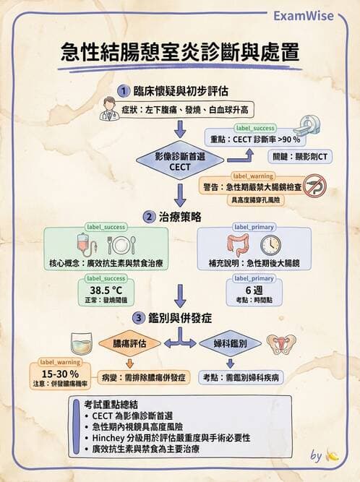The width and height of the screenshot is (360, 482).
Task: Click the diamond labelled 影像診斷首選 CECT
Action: click(179, 160)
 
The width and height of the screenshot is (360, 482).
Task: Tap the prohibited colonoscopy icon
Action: click(313, 185)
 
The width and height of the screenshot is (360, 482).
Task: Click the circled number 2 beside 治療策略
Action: click(148, 216)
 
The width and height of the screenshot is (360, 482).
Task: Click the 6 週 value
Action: click(252, 290)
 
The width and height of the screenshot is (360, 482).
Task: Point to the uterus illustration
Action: click(281, 344)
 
